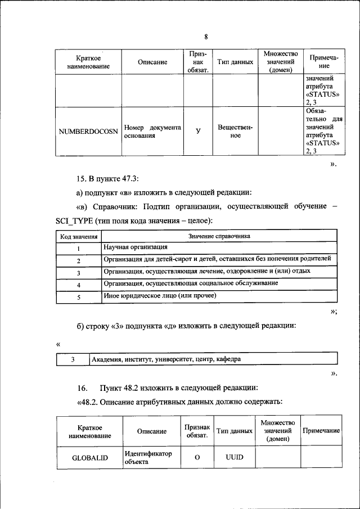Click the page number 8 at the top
pos(206,37)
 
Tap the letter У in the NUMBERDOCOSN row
pos(198,132)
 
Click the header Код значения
pos(79,236)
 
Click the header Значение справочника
pos(219,236)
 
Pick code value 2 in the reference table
pos(79,260)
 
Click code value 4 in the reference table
pos(79,285)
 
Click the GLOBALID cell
pos(90,457)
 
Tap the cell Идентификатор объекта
pos(148,457)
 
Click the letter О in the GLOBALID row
pos(197,457)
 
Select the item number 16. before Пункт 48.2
pos(83,388)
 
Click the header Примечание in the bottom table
pos(321,430)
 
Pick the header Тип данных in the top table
pos(235,62)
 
